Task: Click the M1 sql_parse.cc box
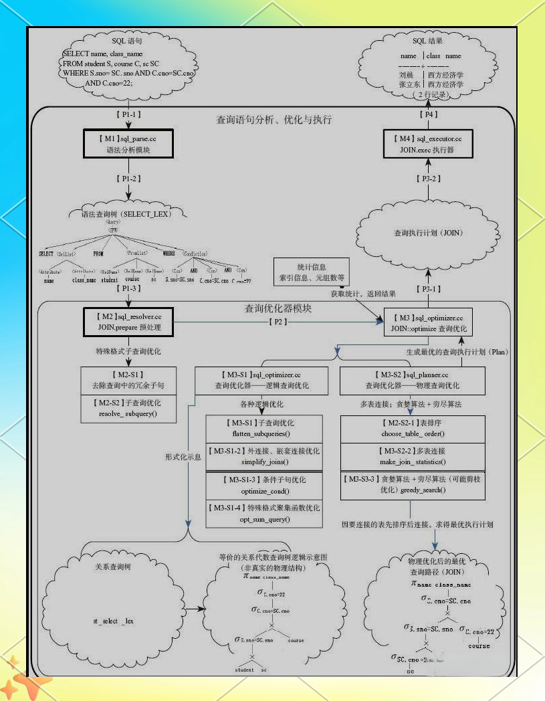click(x=128, y=144)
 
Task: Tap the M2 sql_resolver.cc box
click(x=128, y=321)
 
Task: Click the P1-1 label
click(x=128, y=115)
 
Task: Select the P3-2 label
click(x=428, y=179)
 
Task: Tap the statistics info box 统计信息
click(x=312, y=272)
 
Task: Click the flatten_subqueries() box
click(x=265, y=428)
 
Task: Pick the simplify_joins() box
click(x=265, y=457)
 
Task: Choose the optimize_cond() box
click(x=265, y=486)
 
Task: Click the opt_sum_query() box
click(x=265, y=514)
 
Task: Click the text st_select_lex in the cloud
click(x=113, y=621)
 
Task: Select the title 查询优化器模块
click(x=278, y=309)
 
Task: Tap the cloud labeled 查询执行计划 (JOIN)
click(x=429, y=233)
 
